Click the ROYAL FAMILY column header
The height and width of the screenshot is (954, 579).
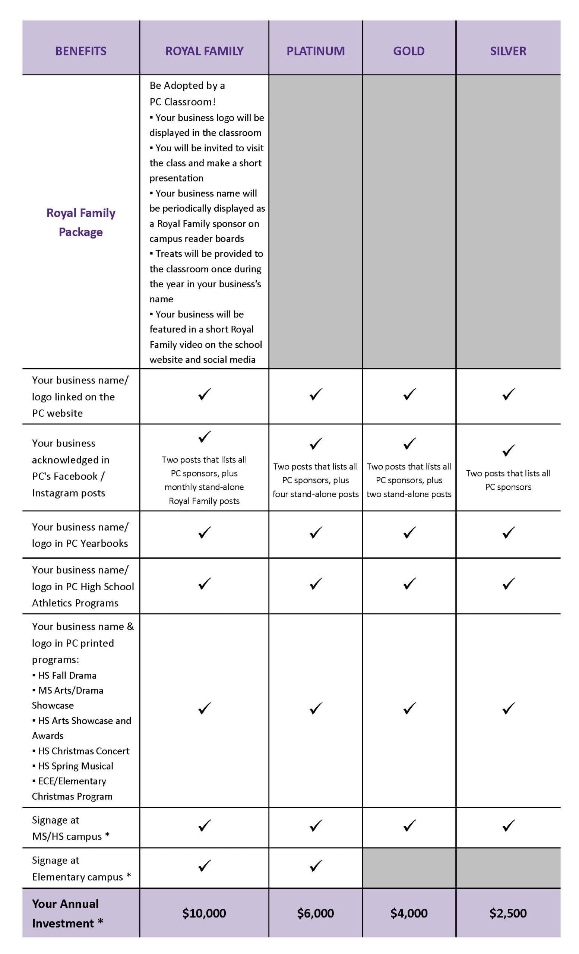(x=204, y=51)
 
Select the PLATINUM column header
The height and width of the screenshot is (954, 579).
(x=316, y=51)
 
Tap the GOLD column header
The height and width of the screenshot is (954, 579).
(x=409, y=51)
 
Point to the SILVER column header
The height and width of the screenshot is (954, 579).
(x=508, y=51)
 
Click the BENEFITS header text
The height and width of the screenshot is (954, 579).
(x=81, y=51)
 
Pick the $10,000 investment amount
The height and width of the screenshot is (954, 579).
(x=204, y=913)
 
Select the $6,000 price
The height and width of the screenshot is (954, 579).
(x=316, y=913)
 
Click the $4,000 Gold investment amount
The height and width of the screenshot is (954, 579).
(x=409, y=913)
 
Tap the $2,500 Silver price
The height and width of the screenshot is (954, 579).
(x=508, y=913)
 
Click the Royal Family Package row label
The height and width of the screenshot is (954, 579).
(x=81, y=222)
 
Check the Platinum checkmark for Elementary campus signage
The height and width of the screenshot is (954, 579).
(x=316, y=866)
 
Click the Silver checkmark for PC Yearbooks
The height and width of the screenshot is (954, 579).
(x=508, y=533)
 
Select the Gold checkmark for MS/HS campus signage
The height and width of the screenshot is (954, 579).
(x=409, y=825)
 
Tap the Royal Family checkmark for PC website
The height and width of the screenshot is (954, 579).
(x=204, y=394)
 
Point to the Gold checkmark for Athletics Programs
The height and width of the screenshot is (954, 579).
(x=409, y=584)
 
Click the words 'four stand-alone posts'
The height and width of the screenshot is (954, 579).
(x=316, y=494)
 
